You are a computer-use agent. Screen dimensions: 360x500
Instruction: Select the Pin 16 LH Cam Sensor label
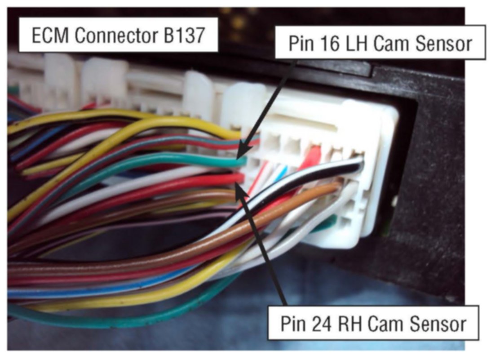(380, 43)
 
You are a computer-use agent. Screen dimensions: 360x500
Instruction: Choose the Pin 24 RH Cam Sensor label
(373, 323)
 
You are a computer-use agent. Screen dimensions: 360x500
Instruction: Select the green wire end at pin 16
(240, 161)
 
